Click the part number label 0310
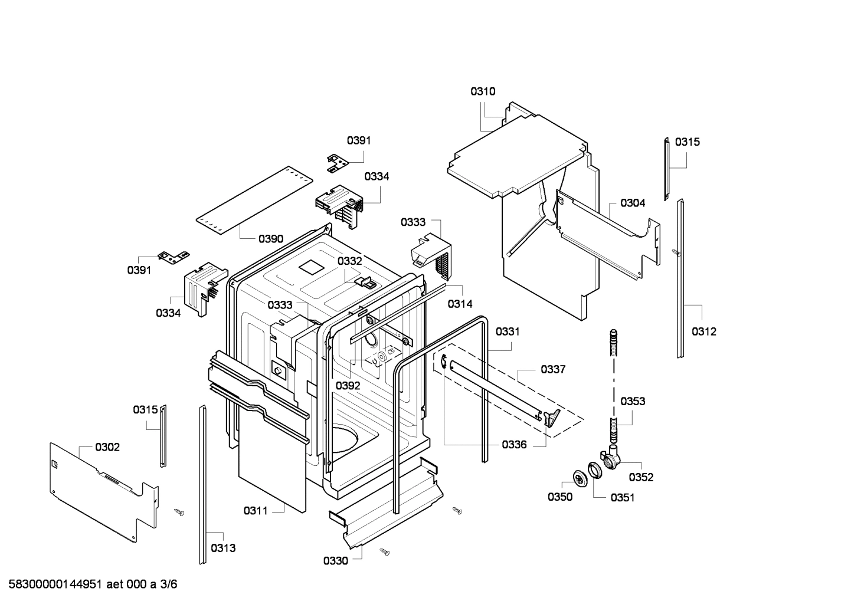click(483, 91)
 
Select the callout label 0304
click(633, 203)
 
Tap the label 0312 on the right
click(703, 331)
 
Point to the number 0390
click(271, 239)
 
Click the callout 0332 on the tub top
click(350, 261)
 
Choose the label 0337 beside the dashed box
click(553, 369)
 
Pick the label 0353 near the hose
click(633, 401)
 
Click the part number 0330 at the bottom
click(335, 561)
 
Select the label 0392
click(348, 386)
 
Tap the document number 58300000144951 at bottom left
click(53, 584)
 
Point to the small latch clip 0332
click(365, 281)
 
